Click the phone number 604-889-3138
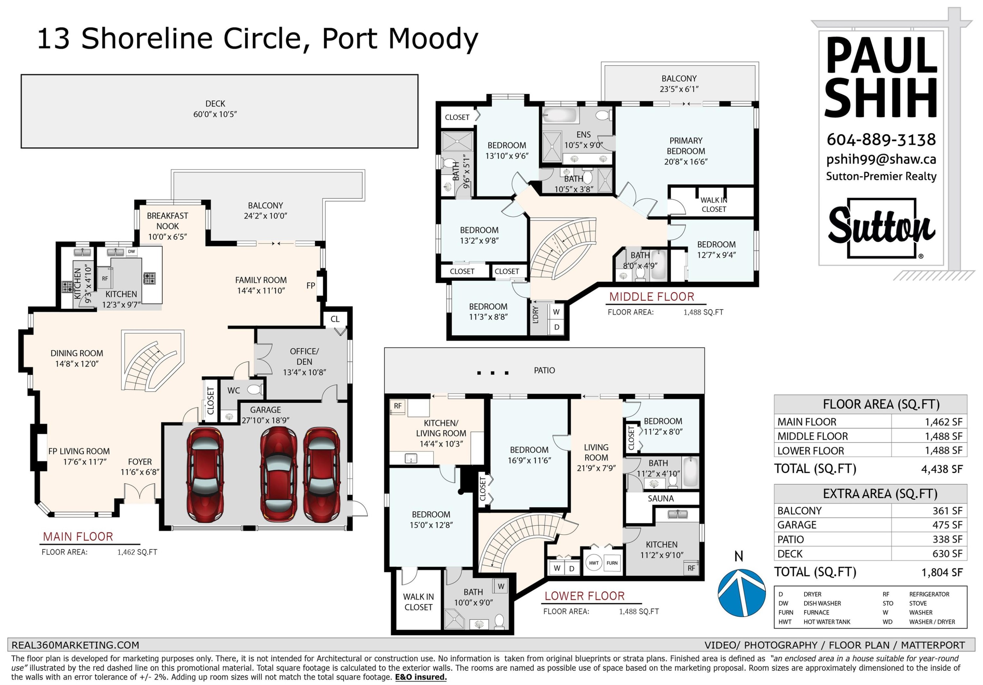[881, 140]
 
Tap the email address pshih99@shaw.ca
[881, 160]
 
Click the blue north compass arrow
[742, 593]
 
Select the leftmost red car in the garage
[205, 475]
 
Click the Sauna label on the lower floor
[661, 498]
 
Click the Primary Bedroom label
[686, 151]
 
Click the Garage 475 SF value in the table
[948, 525]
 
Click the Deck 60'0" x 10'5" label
[215, 109]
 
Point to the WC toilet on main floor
[255, 390]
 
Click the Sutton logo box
[881, 229]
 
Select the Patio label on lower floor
[544, 370]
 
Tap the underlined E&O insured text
[421, 677]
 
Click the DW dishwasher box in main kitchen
[131, 252]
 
